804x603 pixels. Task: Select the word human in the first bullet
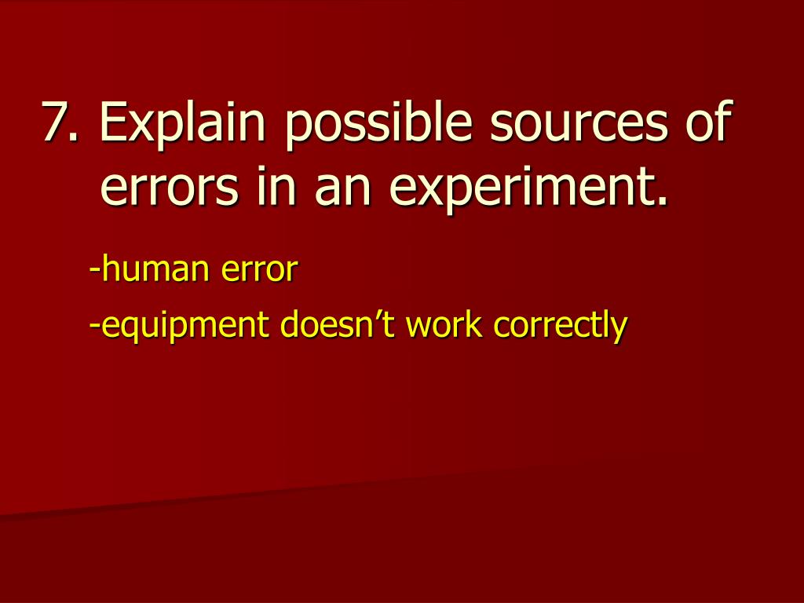coord(155,269)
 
